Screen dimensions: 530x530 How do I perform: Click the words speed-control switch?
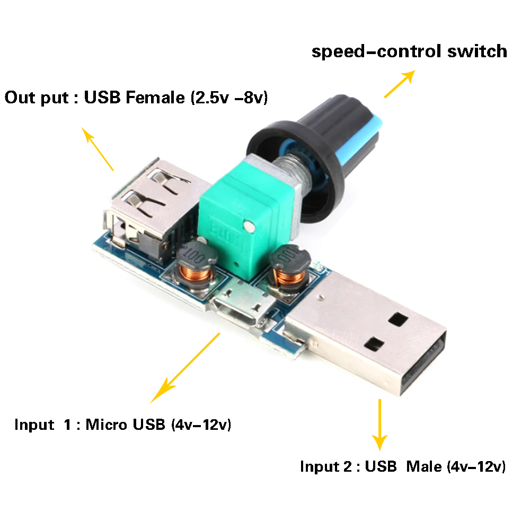[409, 51]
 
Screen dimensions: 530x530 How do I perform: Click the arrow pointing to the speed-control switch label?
[399, 85]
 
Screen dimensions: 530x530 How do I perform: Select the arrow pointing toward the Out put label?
[98, 148]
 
